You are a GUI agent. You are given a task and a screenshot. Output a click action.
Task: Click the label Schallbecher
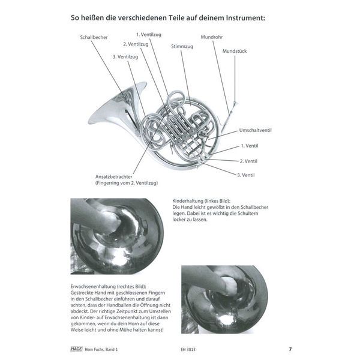(94, 37)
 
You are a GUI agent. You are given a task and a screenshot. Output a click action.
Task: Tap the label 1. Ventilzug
(149, 34)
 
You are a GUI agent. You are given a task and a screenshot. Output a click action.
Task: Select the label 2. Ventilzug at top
(136, 44)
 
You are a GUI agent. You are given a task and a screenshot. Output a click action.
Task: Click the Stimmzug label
(182, 46)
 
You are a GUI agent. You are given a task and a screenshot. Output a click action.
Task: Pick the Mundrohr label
(212, 37)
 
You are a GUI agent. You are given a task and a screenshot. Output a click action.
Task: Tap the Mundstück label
(234, 51)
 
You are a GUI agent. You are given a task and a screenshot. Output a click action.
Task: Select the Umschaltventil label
(257, 130)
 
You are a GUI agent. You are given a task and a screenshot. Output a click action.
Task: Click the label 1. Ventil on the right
(250, 146)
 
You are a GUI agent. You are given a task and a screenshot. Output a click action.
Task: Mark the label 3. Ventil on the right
(246, 175)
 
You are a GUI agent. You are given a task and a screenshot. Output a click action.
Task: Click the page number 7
(290, 349)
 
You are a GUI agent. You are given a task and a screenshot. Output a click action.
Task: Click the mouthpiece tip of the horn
(235, 104)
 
